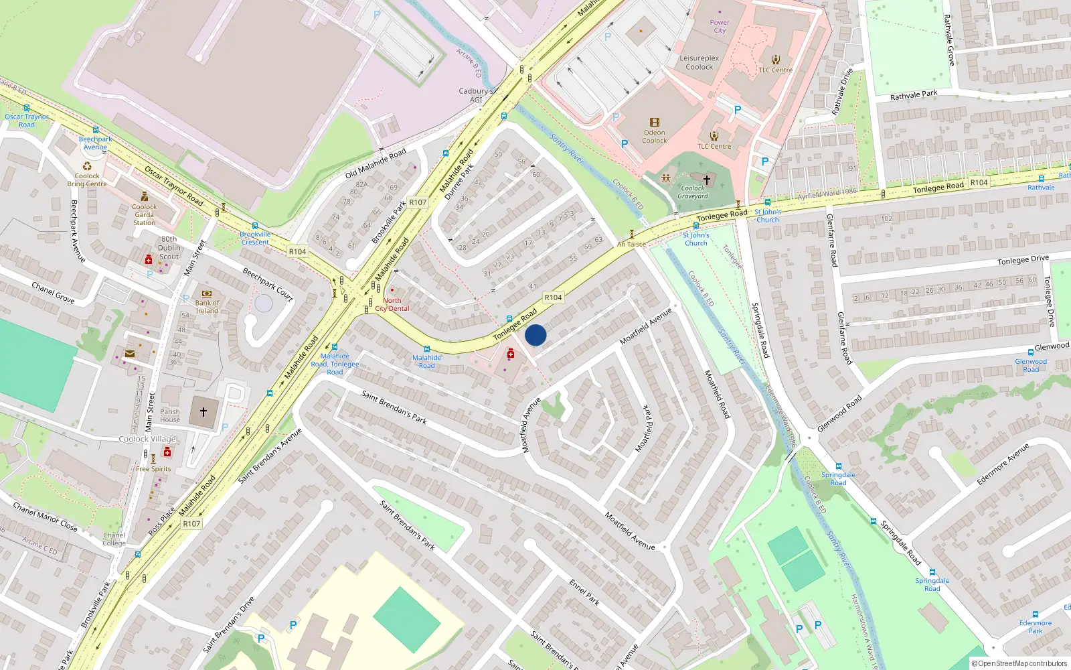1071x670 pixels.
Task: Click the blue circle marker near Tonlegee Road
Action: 535,335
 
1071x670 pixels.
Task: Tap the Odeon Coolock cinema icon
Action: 654,123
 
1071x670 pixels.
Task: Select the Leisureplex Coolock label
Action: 699,62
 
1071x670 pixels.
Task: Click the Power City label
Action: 720,26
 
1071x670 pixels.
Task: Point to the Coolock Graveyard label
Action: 693,192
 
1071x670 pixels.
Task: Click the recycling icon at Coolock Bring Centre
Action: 87,166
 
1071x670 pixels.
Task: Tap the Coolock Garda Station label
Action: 144,214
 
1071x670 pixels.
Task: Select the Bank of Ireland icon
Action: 206,293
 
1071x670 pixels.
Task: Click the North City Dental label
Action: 392,304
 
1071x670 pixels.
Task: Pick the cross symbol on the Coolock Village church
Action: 203,412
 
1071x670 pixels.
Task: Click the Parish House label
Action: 170,415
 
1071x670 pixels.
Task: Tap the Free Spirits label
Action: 153,469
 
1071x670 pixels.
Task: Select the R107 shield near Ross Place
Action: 191,523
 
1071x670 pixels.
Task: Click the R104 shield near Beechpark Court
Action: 297,251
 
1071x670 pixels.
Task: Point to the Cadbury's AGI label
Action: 476,95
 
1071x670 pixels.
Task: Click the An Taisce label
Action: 631,244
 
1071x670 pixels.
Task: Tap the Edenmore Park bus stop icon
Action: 1036,614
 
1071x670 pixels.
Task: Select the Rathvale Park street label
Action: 914,95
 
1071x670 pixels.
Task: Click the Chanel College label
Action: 114,539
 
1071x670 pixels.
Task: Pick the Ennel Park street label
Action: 584,592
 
